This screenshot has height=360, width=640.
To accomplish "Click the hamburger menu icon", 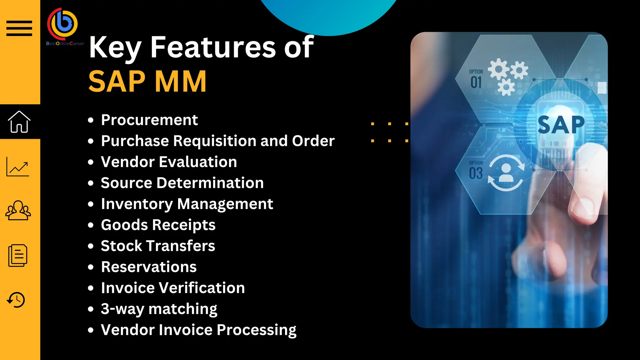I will tap(19, 28).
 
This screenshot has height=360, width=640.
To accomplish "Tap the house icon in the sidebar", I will tap(19, 122).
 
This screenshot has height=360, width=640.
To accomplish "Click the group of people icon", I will tap(18, 210).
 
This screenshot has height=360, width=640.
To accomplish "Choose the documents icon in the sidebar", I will tap(18, 256).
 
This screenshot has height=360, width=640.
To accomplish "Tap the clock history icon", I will tap(16, 300).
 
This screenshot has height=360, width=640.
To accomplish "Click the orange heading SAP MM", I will tap(147, 81).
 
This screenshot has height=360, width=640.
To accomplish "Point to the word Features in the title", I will tap(213, 47).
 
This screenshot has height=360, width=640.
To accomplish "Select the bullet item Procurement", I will tap(149, 120).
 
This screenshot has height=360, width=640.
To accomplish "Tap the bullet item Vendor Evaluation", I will tap(169, 162).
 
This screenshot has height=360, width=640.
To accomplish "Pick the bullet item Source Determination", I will tap(182, 183).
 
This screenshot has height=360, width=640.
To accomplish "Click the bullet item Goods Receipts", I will tap(158, 225).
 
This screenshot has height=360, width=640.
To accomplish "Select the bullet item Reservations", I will tap(149, 267).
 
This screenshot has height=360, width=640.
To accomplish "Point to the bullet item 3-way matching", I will tap(159, 309).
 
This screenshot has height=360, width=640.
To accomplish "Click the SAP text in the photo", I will tap(561, 125).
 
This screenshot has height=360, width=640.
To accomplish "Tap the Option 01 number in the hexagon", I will tap(476, 82).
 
